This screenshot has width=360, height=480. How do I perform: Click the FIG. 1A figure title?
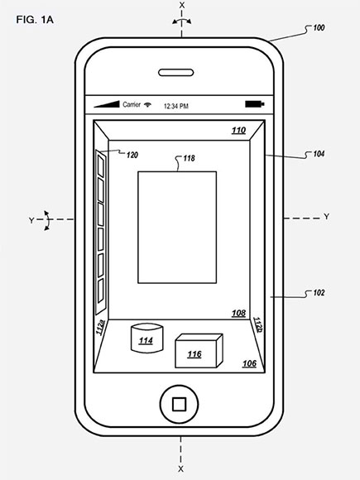[35, 20]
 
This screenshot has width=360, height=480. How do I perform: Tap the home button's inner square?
[179, 404]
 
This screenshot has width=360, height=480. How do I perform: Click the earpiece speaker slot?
[175, 73]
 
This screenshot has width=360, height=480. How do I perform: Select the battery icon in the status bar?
[255, 104]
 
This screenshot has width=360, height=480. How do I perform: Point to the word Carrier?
[132, 105]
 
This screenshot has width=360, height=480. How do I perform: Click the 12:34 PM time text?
[176, 106]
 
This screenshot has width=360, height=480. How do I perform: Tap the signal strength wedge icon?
[106, 104]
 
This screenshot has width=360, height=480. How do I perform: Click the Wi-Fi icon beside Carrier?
[148, 105]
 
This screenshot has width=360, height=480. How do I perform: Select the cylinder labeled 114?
[146, 338]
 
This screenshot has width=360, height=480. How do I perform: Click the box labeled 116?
[199, 351]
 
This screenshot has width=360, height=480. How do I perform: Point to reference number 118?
[189, 158]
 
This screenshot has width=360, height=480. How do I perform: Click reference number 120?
[132, 156]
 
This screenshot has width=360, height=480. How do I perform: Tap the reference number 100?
[319, 28]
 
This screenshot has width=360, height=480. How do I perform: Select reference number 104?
[319, 154]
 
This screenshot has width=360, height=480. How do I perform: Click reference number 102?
[319, 293]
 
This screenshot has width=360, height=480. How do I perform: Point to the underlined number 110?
[238, 131]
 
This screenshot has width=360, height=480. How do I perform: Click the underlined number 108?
[238, 313]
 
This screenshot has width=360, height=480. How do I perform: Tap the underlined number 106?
[249, 363]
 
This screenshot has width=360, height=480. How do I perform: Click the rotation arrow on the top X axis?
[182, 20]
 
